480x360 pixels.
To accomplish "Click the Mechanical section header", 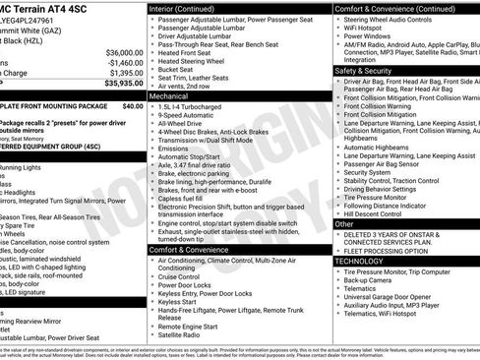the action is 170,97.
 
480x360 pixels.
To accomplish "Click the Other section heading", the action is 344,224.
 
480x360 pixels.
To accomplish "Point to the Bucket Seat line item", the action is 178,69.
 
